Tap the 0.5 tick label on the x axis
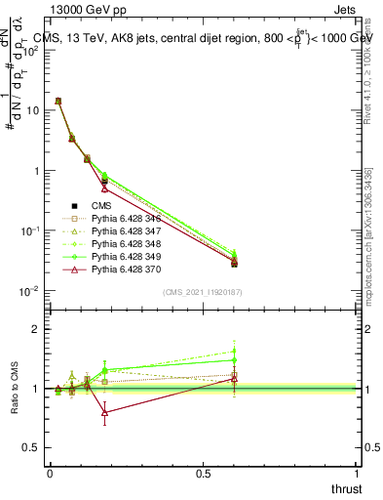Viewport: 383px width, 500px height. (204, 474)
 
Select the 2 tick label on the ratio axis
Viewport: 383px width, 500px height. (35, 329)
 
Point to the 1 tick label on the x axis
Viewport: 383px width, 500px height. (357, 474)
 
